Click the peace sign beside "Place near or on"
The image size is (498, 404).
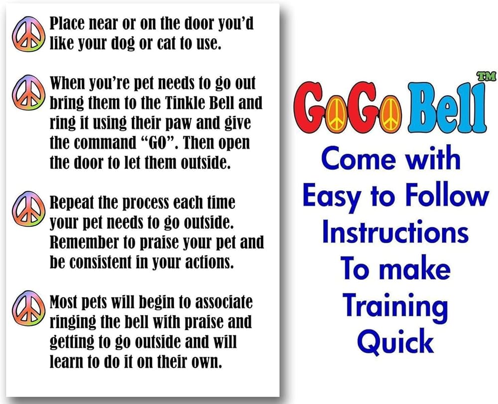(x=27, y=34)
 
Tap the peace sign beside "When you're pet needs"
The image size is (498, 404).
(x=27, y=93)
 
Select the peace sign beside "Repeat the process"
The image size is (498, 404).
(x=27, y=208)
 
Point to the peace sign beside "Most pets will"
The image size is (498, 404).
(x=27, y=308)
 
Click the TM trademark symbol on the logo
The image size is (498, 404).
(x=486, y=76)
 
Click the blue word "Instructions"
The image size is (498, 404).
(x=395, y=233)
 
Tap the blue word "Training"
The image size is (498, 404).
(x=395, y=305)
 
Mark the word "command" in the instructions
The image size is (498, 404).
(x=105, y=143)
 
